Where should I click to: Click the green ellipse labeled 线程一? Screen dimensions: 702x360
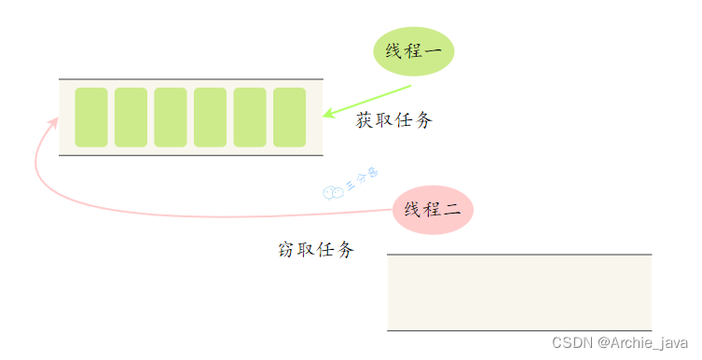(413, 50)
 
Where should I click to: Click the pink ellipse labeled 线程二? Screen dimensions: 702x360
(434, 210)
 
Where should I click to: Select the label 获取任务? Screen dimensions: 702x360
(394, 120)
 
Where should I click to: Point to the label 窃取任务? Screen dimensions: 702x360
(316, 250)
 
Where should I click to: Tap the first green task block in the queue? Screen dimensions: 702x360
(91, 118)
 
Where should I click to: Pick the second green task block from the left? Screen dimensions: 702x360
(131, 118)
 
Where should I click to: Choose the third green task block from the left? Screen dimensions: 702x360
(171, 118)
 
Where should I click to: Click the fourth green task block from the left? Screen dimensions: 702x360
(211, 118)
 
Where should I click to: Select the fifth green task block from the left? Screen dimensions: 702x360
(250, 118)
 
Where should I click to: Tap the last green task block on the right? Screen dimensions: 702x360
(290, 118)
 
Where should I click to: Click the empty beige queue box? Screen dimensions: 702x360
(519, 292)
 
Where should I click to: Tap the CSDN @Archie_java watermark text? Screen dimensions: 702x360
(618, 343)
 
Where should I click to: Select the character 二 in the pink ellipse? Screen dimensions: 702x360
(452, 210)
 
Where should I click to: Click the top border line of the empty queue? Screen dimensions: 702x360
(519, 254)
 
